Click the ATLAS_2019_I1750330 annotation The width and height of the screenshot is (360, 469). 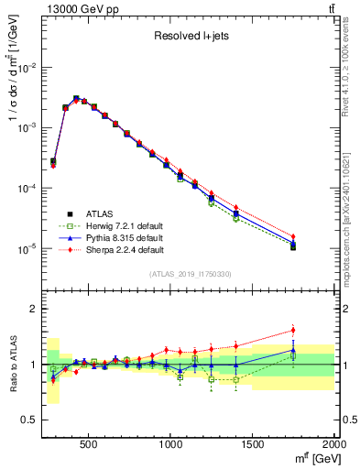[x=191, y=274]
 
